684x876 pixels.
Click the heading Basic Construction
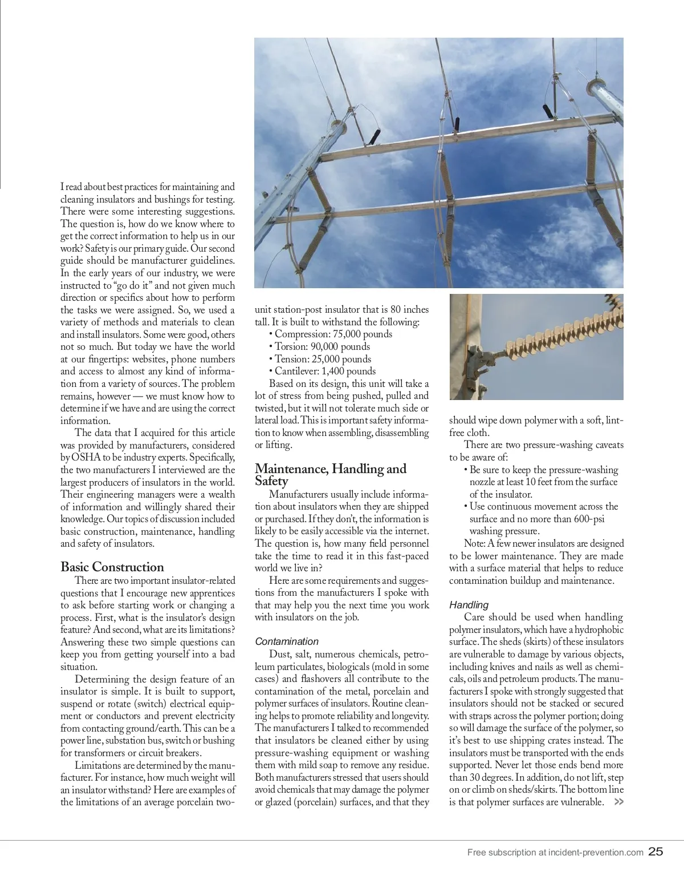pos(112,567)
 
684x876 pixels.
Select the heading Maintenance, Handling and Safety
pos(331,474)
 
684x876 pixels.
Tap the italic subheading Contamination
pos(287,641)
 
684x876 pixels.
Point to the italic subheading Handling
pos(469,604)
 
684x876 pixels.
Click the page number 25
pos(655,852)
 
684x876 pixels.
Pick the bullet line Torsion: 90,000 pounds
pos(322,347)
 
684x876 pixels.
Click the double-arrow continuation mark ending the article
pos(618,802)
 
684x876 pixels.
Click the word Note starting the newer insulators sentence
pos(474,543)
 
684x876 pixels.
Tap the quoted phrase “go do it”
pos(131,285)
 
